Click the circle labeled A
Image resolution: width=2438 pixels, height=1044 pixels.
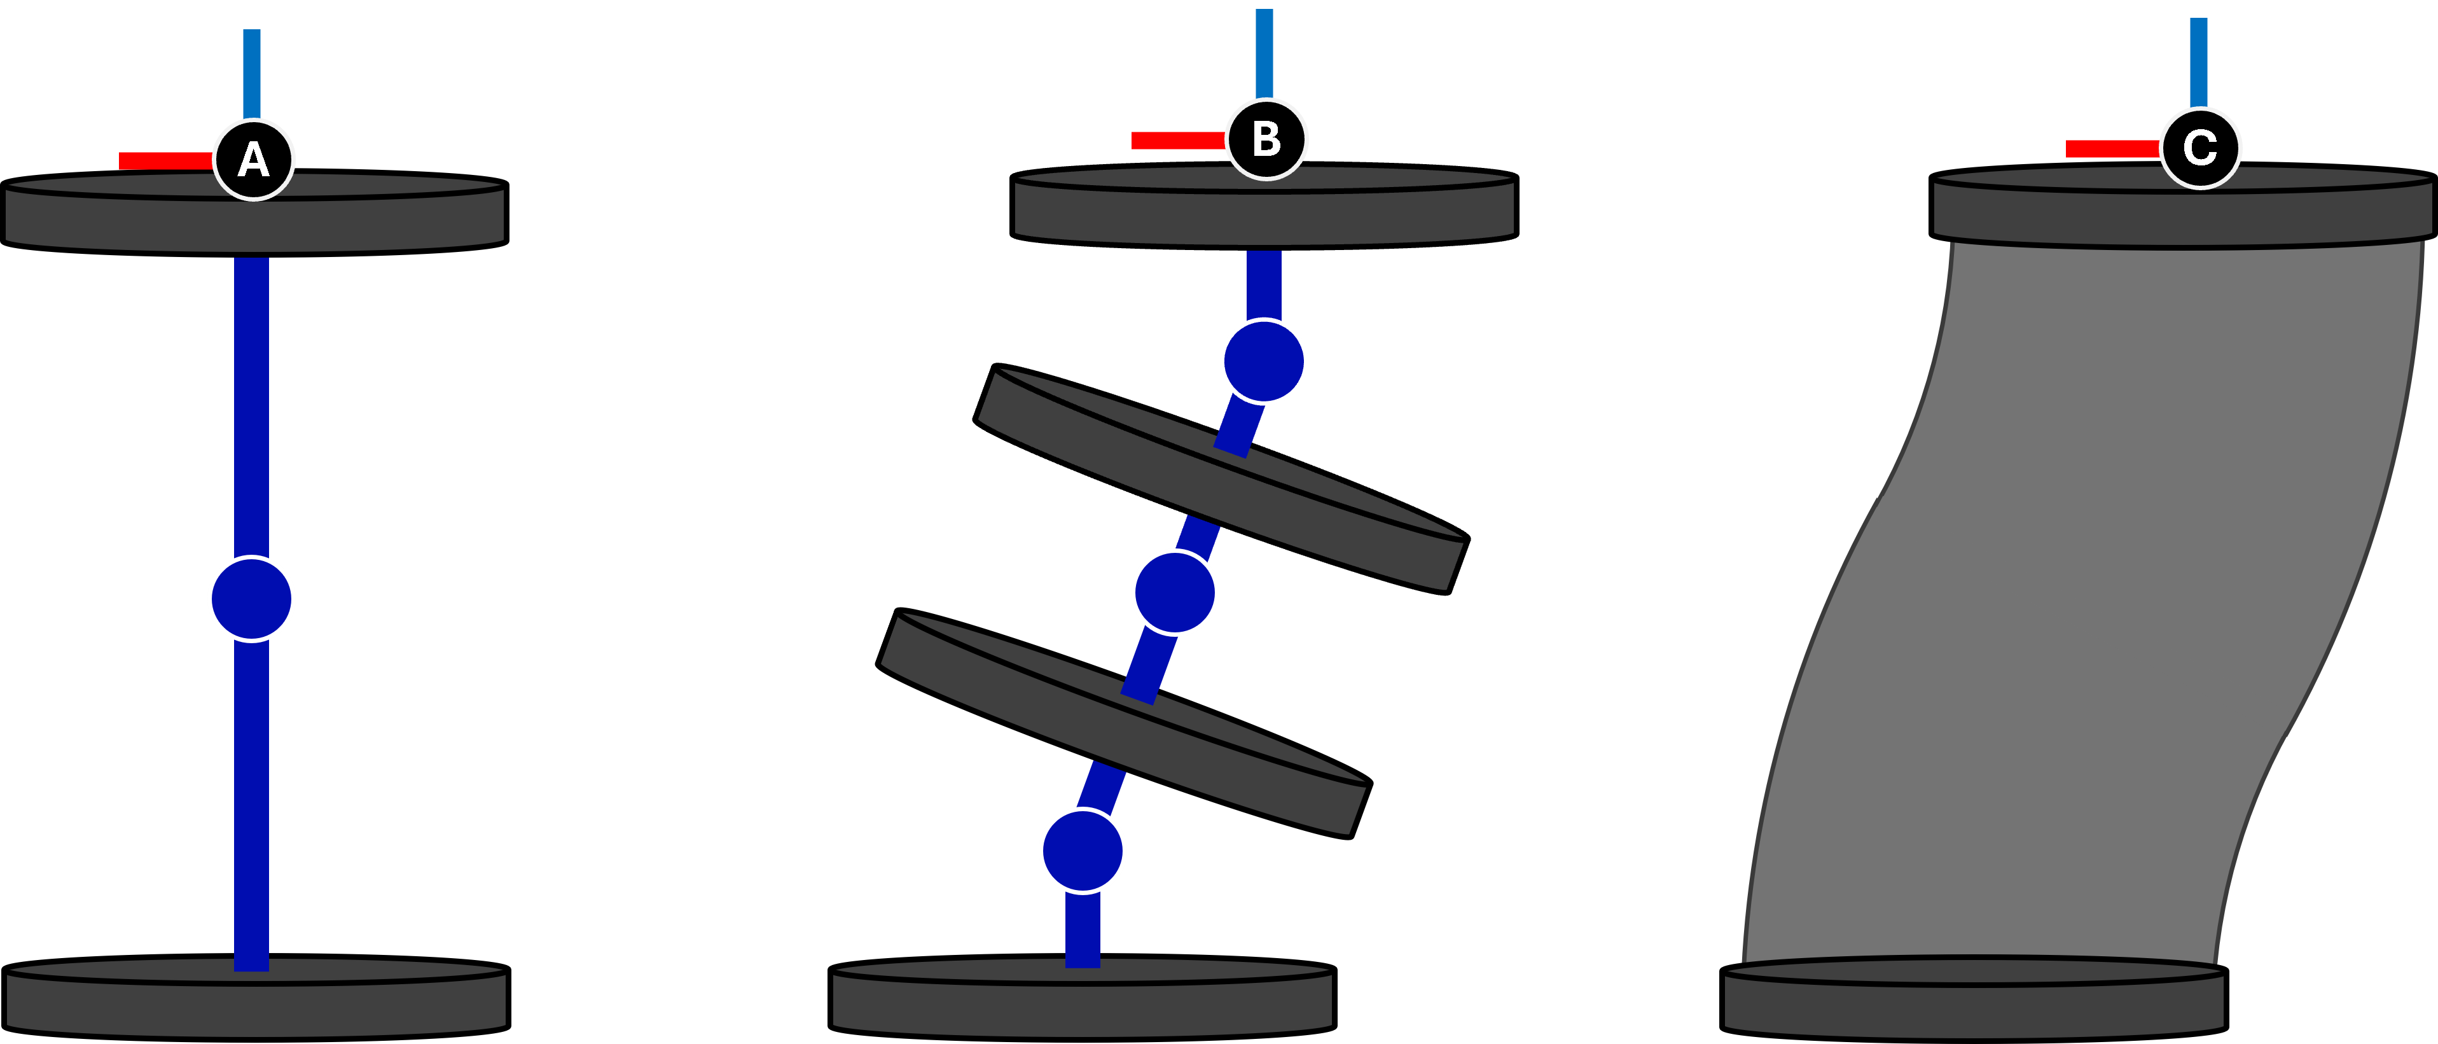tap(254, 160)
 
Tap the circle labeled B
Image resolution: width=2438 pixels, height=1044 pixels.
tap(1266, 139)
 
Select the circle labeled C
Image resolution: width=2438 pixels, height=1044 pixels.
tap(2201, 148)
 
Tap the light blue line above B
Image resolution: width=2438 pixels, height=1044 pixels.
tap(1264, 53)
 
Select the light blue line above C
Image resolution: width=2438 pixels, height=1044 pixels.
tap(2199, 62)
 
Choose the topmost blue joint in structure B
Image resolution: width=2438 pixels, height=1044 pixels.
tap(1264, 361)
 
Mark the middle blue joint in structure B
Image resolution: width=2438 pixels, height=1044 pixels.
tap(1175, 592)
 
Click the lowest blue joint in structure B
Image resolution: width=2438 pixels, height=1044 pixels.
tap(1083, 851)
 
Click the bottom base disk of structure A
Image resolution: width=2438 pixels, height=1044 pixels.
tap(256, 1003)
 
